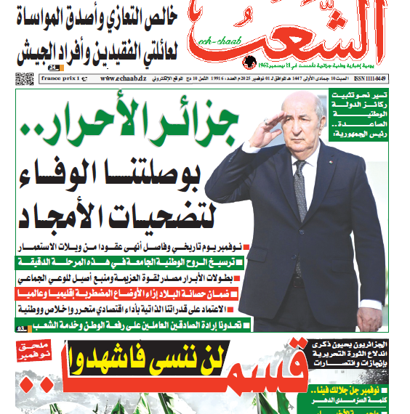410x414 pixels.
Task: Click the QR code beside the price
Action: (25, 79)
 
